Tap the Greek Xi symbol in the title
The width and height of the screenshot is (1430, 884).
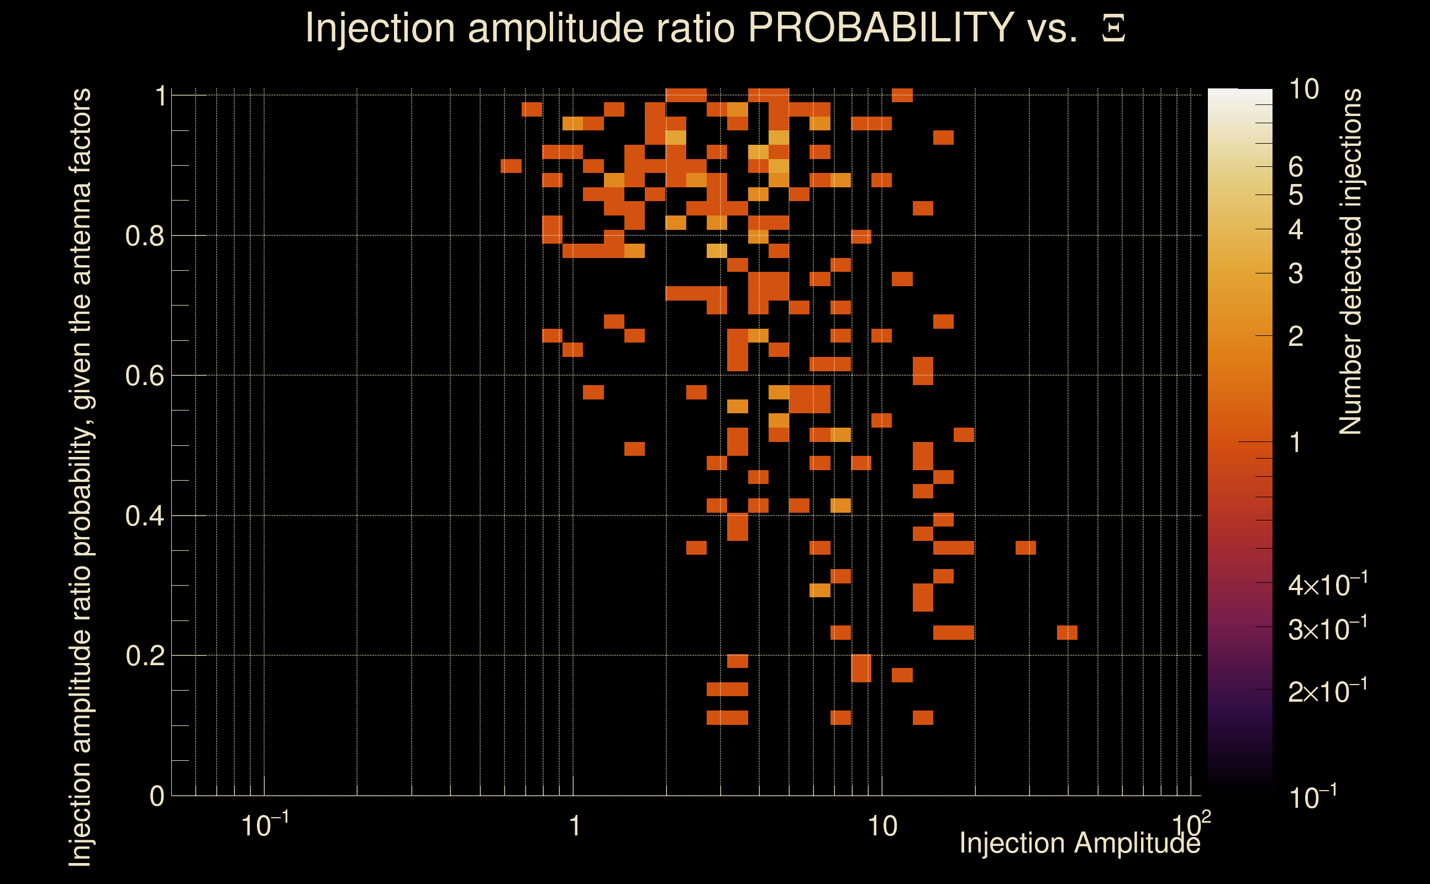click(1113, 28)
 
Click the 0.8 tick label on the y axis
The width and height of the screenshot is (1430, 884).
click(144, 236)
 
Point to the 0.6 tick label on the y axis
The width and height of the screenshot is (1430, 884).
click(144, 376)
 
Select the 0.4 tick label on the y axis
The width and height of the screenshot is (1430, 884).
click(144, 516)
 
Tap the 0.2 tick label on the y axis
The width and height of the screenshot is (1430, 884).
click(144, 656)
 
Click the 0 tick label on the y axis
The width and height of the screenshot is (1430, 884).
click(157, 796)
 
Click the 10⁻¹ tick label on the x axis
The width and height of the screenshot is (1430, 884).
click(264, 825)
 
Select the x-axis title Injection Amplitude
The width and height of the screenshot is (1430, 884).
click(1080, 843)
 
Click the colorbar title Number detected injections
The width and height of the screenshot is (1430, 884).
click(1350, 261)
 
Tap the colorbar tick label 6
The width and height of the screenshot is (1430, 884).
click(1296, 167)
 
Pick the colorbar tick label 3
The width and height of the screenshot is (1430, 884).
click(1296, 273)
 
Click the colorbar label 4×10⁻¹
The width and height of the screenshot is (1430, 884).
click(1327, 585)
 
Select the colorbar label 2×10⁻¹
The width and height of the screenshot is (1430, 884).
click(1327, 692)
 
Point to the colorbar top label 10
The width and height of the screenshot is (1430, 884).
click(1303, 90)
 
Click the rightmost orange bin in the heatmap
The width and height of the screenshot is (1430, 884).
click(1067, 633)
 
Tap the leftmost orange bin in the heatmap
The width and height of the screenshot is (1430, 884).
click(511, 166)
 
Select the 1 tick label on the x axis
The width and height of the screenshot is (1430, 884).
click(575, 826)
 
